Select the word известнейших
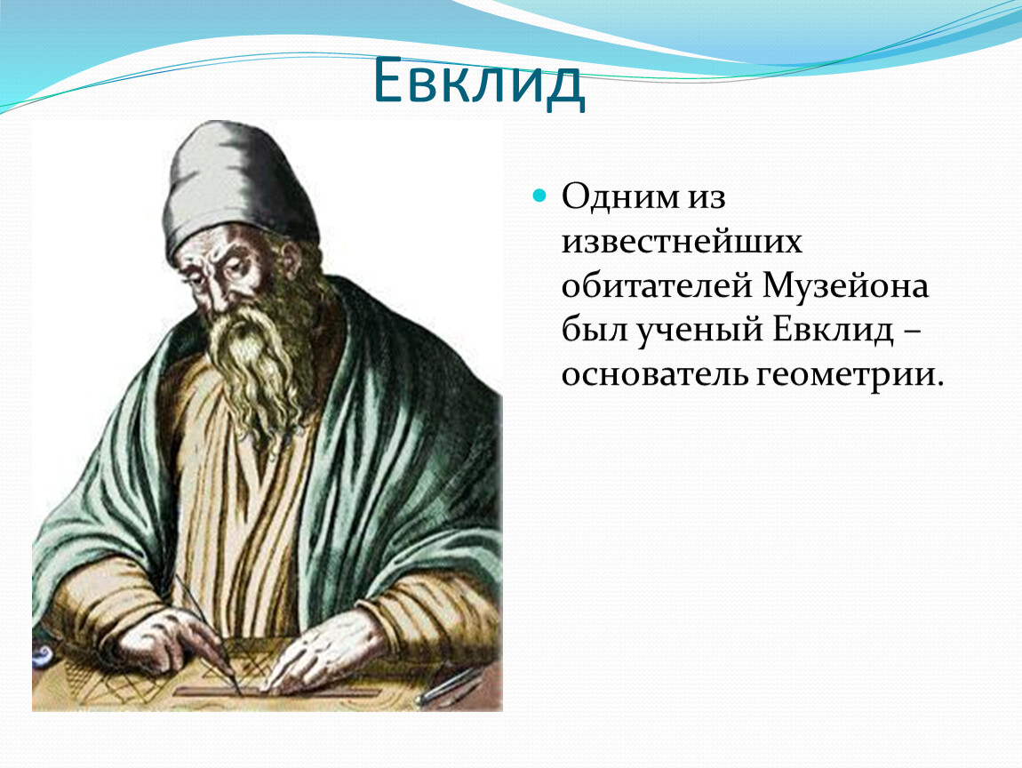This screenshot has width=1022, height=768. pyautogui.click(x=682, y=241)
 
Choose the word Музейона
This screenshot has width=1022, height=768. pyautogui.click(x=844, y=286)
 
